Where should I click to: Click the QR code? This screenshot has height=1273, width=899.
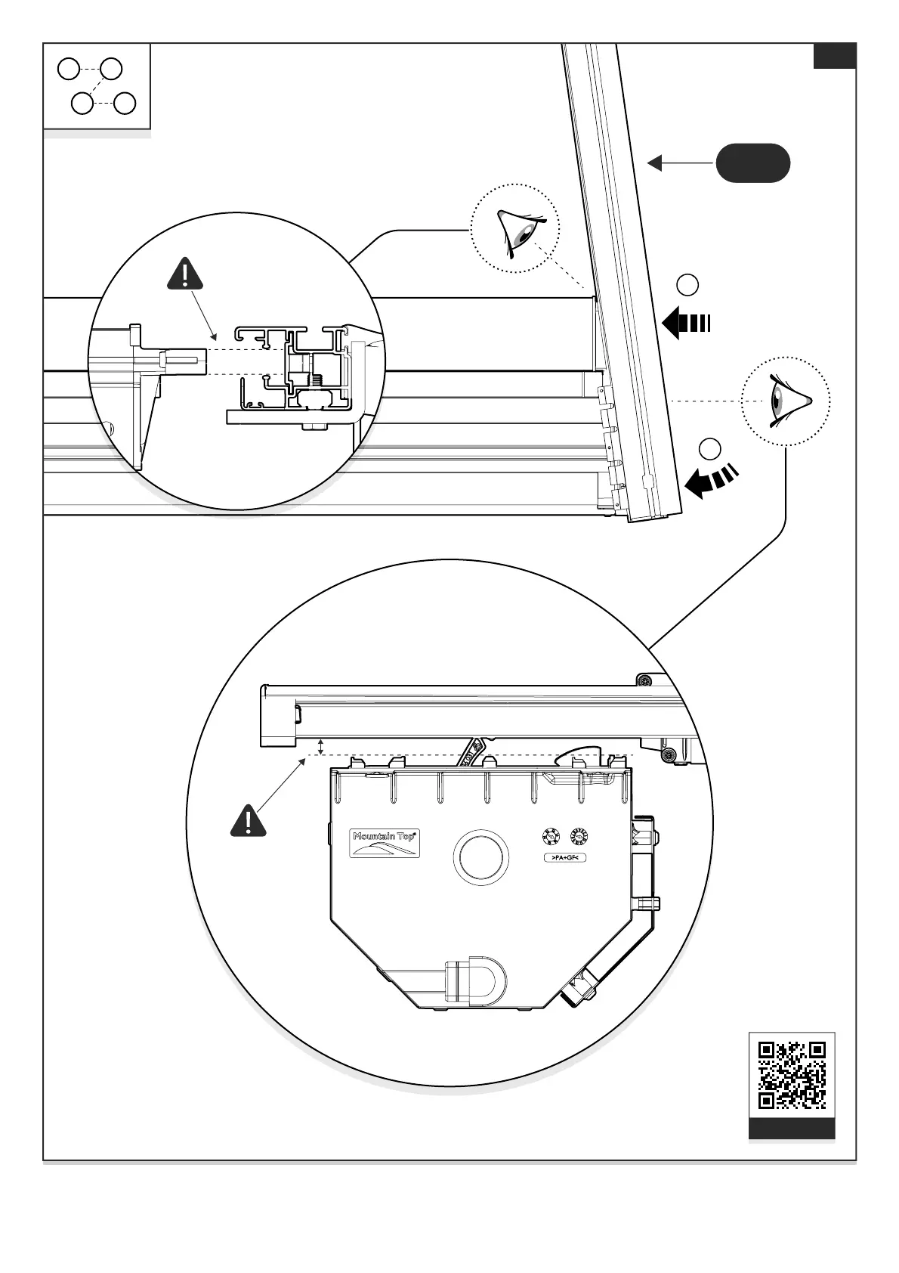pyautogui.click(x=792, y=1075)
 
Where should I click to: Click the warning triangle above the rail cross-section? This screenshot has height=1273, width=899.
pyautogui.click(x=185, y=274)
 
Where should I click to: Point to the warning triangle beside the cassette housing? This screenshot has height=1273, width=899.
pyautogui.click(x=248, y=821)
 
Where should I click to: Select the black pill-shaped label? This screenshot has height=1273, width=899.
pyautogui.click(x=752, y=163)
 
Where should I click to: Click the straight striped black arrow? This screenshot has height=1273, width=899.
pyautogui.click(x=686, y=324)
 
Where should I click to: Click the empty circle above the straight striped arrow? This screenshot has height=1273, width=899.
pyautogui.click(x=687, y=285)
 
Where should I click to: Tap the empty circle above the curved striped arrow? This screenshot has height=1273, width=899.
pyautogui.click(x=709, y=448)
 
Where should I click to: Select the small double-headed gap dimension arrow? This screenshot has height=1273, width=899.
pyautogui.click(x=320, y=747)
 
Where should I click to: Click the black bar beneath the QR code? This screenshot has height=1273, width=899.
pyautogui.click(x=792, y=1129)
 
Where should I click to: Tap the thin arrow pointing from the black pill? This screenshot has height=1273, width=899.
pyautogui.click(x=680, y=163)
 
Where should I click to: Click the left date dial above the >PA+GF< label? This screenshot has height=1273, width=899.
pyautogui.click(x=550, y=836)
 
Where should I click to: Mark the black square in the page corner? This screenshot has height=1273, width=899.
pyautogui.click(x=834, y=56)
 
